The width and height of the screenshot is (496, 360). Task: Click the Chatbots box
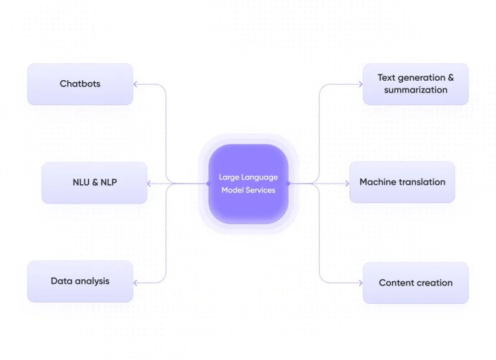pyautogui.click(x=80, y=84)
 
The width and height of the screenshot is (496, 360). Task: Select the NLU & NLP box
pyautogui.click(x=94, y=183)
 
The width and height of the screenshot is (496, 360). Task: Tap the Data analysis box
pyautogui.click(x=80, y=281)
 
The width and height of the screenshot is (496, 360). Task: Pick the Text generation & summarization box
pyautogui.click(x=415, y=84)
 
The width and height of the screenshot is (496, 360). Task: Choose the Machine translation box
pyautogui.click(x=402, y=182)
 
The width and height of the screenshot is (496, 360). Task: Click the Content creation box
pyautogui.click(x=415, y=282)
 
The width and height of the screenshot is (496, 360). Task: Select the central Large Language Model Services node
pyautogui.click(x=248, y=184)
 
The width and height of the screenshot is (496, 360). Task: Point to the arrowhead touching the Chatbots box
pyautogui.click(x=136, y=84)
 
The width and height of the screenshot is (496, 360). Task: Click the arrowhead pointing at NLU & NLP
pyautogui.click(x=150, y=184)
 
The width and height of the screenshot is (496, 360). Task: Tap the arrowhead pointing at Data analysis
pyautogui.click(x=136, y=282)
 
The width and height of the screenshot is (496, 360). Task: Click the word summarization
pyautogui.click(x=415, y=90)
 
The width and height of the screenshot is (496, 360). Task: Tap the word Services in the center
pyautogui.click(x=260, y=190)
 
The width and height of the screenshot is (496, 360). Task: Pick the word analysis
pyautogui.click(x=92, y=281)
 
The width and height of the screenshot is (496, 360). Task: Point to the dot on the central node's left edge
pyautogui.click(x=208, y=184)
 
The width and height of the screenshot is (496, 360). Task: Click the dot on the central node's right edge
pyautogui.click(x=288, y=184)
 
